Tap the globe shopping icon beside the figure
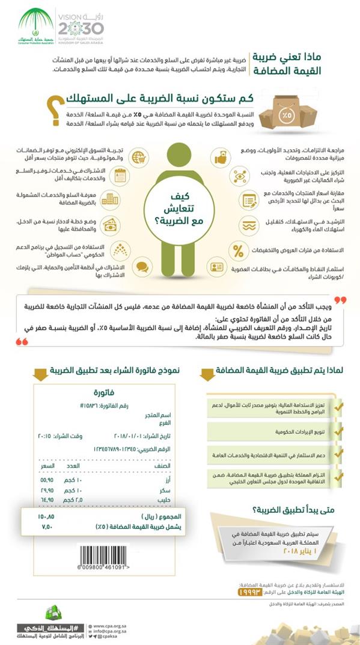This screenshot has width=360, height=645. click(x=139, y=156)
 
